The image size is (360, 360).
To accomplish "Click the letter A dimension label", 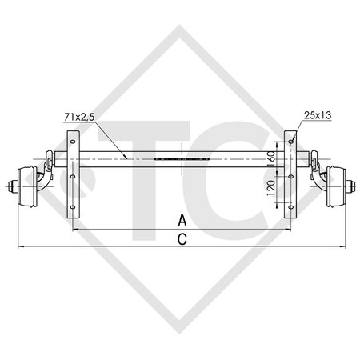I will coord(182,220).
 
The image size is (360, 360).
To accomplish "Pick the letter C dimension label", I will coord(182,238).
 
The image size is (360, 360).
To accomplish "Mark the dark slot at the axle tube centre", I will coord(182,159).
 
